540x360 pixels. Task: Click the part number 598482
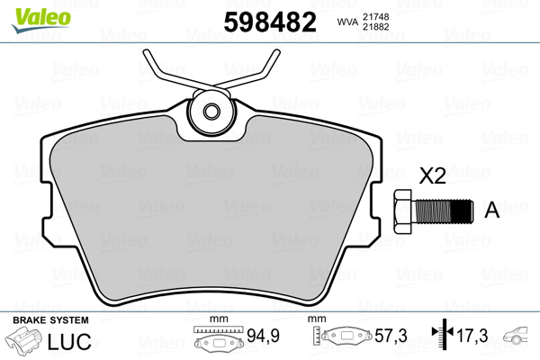(269, 21)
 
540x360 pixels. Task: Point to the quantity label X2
(435, 175)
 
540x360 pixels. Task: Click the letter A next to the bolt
(492, 211)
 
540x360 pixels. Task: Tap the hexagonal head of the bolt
(403, 211)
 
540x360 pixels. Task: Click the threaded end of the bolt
(460, 211)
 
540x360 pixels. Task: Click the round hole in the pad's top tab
(212, 112)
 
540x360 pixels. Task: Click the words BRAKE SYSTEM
(49, 320)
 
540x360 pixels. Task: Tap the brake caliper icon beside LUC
(26, 342)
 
